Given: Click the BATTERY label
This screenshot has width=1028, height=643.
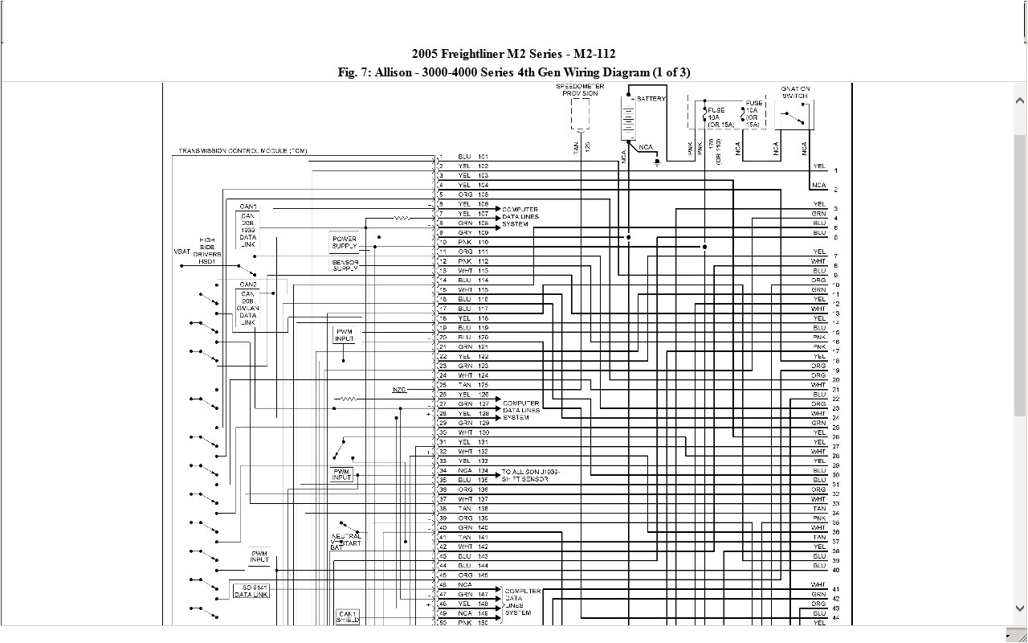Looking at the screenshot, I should pyautogui.click(x=651, y=99).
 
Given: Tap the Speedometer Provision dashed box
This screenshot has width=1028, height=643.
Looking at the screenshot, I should pyautogui.click(x=580, y=113).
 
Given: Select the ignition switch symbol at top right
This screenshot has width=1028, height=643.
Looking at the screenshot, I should pyautogui.click(x=796, y=116).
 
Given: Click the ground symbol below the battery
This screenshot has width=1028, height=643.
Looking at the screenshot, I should pyautogui.click(x=658, y=162).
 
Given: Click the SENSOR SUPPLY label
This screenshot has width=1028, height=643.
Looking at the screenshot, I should pyautogui.click(x=345, y=265).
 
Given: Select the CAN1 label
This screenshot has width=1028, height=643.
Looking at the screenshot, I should pyautogui.click(x=248, y=207).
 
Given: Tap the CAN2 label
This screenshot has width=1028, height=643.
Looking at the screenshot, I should pyautogui.click(x=248, y=285).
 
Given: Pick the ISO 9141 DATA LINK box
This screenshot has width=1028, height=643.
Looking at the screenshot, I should pyautogui.click(x=251, y=591).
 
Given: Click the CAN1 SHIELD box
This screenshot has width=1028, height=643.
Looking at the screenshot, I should pyautogui.click(x=348, y=616).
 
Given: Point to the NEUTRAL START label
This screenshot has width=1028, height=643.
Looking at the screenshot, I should pyautogui.click(x=346, y=539).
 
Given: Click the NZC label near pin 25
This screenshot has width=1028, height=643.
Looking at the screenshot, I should pyautogui.click(x=399, y=390).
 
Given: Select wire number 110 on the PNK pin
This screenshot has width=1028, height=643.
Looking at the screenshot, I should pyautogui.click(x=483, y=242).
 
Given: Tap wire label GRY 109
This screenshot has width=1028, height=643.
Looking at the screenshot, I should pyautogui.click(x=473, y=232).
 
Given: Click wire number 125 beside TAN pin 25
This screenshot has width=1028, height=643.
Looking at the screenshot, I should pyautogui.click(x=483, y=385).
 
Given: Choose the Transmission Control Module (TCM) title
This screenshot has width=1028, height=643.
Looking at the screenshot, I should pyautogui.click(x=243, y=151).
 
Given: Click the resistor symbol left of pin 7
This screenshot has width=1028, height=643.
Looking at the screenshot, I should pyautogui.click(x=402, y=218).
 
